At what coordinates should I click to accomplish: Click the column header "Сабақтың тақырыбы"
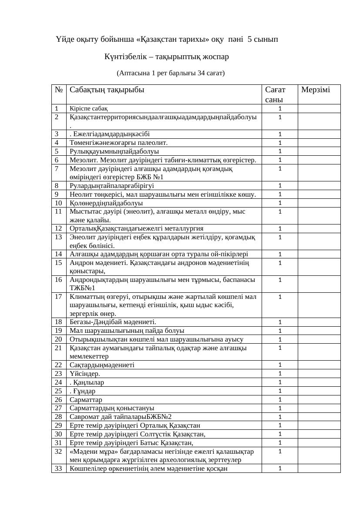107,90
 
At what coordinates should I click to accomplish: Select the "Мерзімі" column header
315,90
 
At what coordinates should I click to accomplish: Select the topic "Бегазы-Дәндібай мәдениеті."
113,322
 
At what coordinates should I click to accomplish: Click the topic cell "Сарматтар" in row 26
86,399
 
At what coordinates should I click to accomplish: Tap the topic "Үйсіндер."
84,373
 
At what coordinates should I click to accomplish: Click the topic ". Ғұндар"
82,391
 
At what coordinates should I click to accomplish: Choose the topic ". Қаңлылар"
87,382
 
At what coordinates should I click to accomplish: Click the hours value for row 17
280,297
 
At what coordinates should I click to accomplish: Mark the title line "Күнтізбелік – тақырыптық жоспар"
167,57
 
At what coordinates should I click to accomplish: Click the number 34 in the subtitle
201,73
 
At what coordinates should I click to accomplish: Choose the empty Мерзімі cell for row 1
319,108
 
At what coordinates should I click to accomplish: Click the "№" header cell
59,90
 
